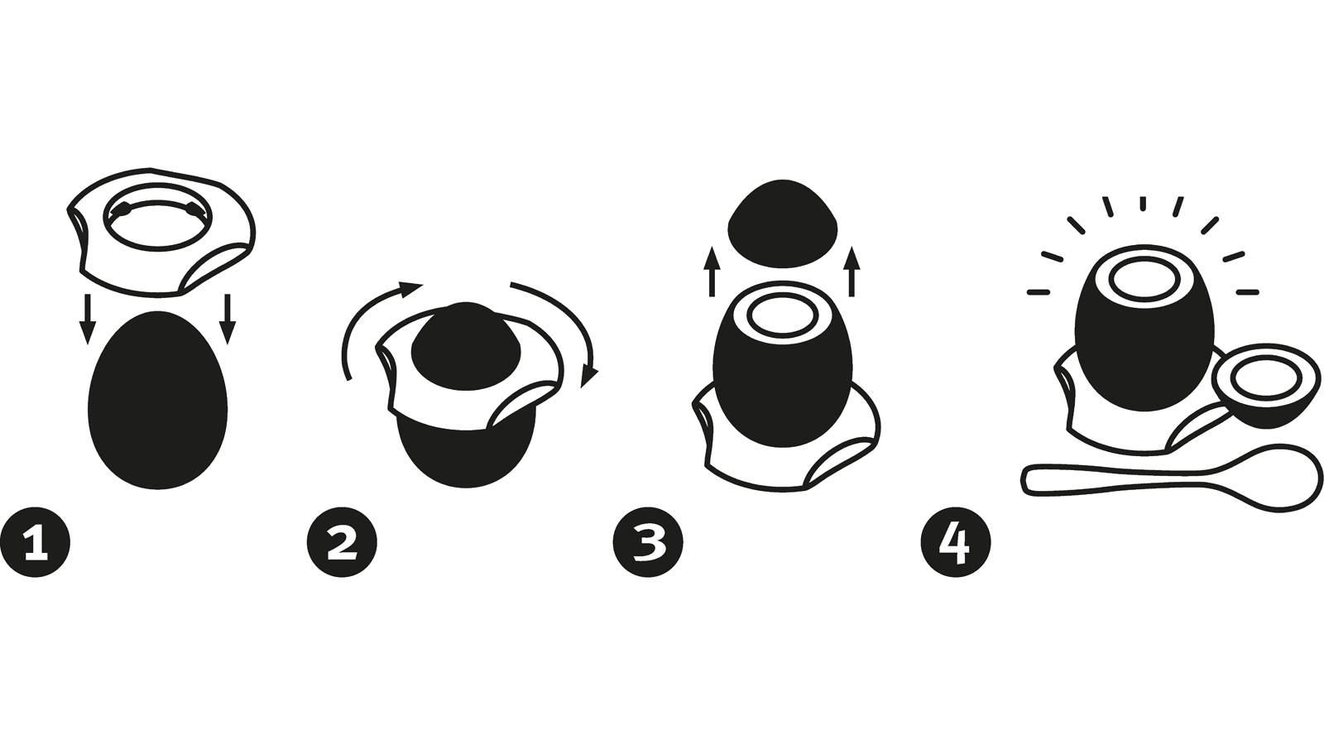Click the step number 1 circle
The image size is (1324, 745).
click(36, 541)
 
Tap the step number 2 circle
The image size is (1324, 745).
click(342, 541)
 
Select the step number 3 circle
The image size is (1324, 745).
click(649, 541)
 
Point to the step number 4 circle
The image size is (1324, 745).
click(956, 541)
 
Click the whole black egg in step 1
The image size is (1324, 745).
click(158, 401)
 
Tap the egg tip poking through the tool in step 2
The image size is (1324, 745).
click(466, 344)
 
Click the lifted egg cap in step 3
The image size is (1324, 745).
click(783, 224)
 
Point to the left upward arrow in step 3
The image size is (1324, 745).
click(712, 272)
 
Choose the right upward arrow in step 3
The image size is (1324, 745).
click(851, 272)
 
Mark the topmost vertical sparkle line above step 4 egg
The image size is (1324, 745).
click(1143, 204)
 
